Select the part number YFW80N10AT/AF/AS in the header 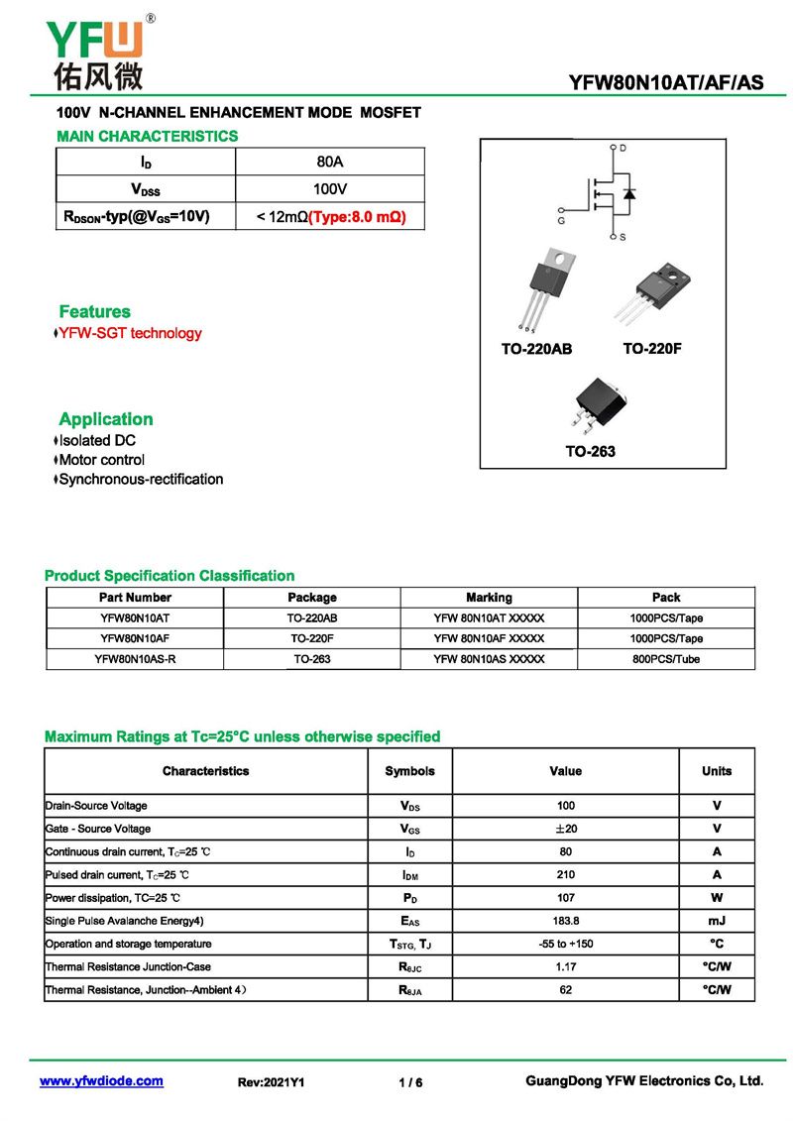666,82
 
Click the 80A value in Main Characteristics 329,162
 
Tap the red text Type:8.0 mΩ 358,216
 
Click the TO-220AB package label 536,349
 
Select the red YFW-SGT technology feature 130,333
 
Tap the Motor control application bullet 101,460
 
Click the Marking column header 489,598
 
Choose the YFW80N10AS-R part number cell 135,659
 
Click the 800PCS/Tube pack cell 666,659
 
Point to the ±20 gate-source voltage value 565,829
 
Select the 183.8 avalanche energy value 565,921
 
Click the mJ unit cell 717,921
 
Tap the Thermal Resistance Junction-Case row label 128,966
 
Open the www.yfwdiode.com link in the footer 101,1081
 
